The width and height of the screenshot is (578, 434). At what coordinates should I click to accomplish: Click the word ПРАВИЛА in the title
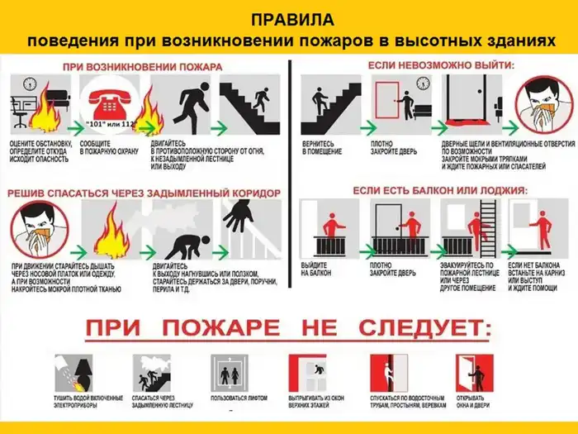click(289, 19)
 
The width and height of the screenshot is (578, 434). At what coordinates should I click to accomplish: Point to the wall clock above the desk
click(29, 84)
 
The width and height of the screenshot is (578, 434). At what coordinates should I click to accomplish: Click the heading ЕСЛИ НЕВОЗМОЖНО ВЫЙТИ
click(439, 64)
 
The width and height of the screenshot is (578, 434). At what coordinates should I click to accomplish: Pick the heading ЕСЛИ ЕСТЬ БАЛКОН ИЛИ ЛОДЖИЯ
click(439, 190)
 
